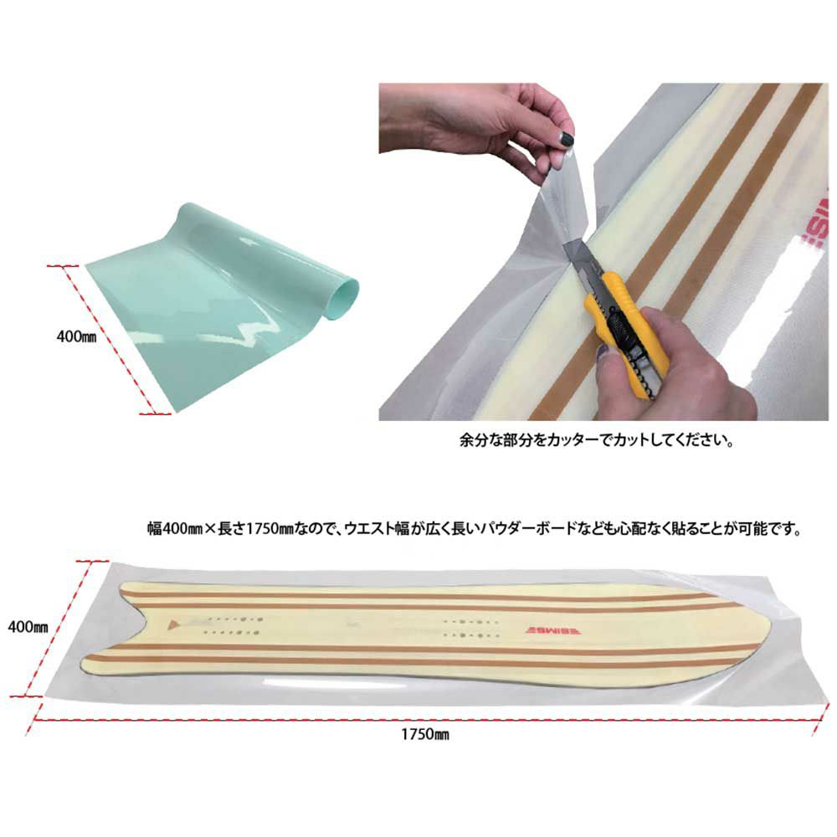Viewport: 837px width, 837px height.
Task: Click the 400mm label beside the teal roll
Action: tap(76, 336)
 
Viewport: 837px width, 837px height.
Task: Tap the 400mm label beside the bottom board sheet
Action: tap(28, 627)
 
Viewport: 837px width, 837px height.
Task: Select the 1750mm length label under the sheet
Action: tap(425, 735)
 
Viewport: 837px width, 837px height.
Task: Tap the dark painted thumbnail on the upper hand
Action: tap(566, 140)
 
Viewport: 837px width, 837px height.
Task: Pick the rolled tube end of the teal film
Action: tap(347, 294)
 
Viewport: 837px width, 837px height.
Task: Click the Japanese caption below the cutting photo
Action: tap(597, 441)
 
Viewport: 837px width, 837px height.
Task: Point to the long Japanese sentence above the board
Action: tap(475, 529)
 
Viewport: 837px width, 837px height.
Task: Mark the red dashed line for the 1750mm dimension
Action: tap(425, 720)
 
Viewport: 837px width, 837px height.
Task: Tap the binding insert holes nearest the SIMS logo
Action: tap(470, 629)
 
